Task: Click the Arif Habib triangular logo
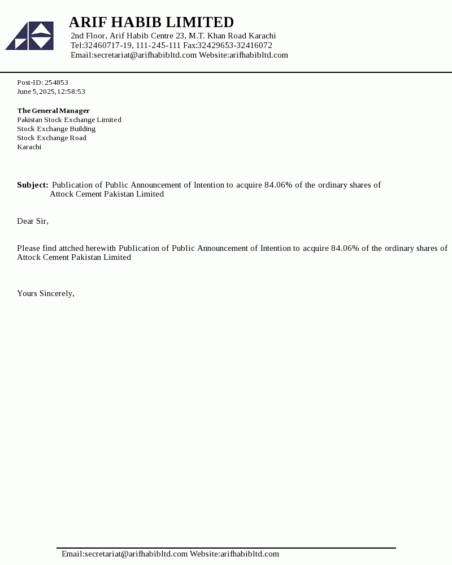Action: [x=30, y=36]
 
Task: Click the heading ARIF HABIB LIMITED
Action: [x=151, y=22]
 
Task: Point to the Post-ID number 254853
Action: [x=56, y=82]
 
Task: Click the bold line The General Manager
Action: [x=53, y=111]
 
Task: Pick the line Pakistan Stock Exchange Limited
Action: [x=69, y=120]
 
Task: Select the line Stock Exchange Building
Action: [x=56, y=129]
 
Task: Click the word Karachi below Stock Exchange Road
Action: [x=29, y=147]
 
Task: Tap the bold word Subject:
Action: [x=33, y=185]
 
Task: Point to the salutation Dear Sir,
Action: [x=33, y=221]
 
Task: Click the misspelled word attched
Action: [x=71, y=248]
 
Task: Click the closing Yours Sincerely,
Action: [x=46, y=293]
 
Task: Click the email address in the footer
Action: [x=124, y=554]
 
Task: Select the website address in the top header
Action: [x=259, y=55]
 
